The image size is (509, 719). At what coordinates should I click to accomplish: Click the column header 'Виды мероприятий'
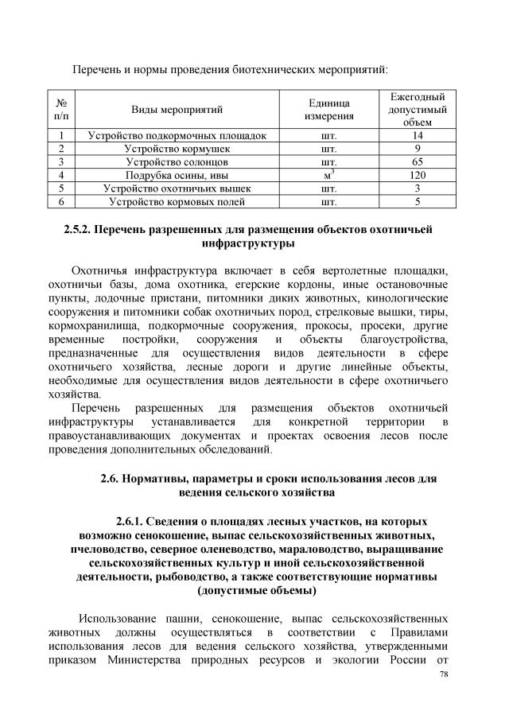[x=177, y=109]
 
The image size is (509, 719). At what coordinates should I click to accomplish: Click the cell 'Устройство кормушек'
[x=177, y=149]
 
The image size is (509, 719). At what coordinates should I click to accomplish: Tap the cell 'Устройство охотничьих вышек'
[x=177, y=188]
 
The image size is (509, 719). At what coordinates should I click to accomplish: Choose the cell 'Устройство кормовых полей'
[x=177, y=202]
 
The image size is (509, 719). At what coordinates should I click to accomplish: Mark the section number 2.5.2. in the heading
[x=80, y=231]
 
